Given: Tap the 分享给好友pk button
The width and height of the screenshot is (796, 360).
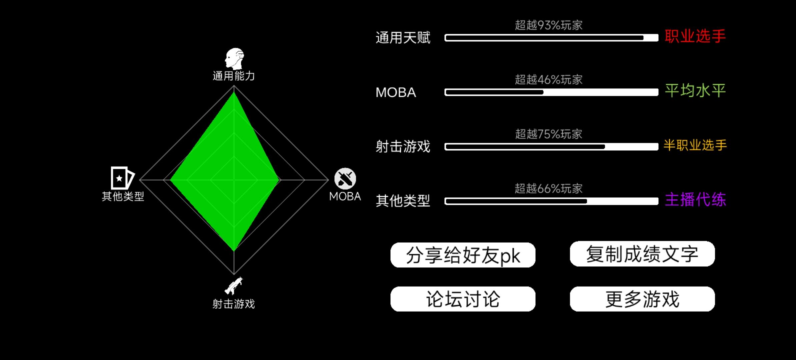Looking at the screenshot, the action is coord(463,255).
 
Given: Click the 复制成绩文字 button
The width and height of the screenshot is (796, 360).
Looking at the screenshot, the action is coord(642,254).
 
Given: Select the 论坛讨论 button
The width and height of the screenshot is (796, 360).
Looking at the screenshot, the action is coord(463,299).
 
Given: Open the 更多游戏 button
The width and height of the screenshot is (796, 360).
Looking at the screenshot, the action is coord(642,299).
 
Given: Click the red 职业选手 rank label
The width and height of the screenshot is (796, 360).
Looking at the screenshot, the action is coord(695,36).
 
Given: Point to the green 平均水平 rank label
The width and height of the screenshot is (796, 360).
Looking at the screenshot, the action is coord(695,91).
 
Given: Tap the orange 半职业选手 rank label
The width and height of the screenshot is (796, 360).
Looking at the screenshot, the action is coord(695,145).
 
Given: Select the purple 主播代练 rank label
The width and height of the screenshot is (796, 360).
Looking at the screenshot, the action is coord(695,200).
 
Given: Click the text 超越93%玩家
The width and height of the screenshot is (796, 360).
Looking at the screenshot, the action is coord(549,25).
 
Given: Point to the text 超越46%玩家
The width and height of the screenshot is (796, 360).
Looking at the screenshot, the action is coord(549,80).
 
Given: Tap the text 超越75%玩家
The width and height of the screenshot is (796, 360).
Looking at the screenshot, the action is coord(549,134).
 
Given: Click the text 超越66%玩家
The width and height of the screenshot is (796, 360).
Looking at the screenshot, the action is coord(549,189).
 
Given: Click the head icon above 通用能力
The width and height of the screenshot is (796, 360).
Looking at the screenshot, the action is coord(234,59).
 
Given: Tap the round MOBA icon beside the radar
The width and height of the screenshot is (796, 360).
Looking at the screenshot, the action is coord(345,179).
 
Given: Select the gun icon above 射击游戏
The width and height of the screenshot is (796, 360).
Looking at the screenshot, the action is coord(234,286).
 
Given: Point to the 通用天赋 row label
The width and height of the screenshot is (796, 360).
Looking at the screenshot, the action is coord(403,38).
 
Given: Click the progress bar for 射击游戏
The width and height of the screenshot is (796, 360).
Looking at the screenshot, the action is coord(551,147).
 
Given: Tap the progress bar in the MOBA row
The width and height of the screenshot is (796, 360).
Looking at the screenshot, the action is coord(551,92).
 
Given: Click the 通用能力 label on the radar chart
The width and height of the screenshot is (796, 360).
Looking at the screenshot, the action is coord(234,76).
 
